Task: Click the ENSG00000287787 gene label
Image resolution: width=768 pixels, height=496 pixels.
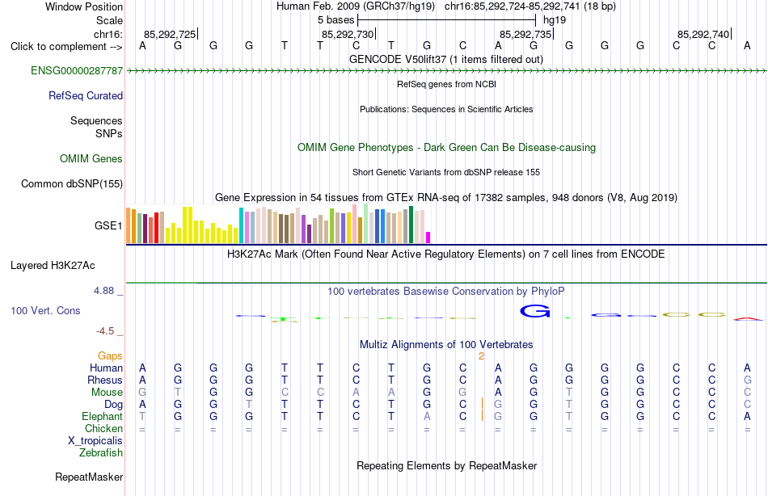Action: click(x=77, y=70)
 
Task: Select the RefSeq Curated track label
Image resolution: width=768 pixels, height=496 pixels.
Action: click(x=86, y=95)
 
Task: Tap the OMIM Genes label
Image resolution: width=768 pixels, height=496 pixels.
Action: click(x=91, y=158)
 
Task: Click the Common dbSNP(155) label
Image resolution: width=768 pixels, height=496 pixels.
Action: click(x=72, y=183)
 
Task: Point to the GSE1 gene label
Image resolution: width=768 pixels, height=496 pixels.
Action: click(x=108, y=225)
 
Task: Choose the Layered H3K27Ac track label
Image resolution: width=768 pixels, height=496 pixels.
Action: click(x=53, y=266)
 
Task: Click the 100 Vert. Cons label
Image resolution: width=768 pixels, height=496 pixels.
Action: click(x=45, y=310)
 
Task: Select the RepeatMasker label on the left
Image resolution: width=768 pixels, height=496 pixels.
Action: click(x=89, y=477)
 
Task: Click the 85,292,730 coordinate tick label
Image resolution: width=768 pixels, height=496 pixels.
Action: click(x=348, y=34)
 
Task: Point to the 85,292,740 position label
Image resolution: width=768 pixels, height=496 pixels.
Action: click(x=703, y=34)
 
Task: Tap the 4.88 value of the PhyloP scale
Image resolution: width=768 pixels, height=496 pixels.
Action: click(x=103, y=291)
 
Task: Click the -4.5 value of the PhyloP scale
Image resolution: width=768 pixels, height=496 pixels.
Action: click(x=105, y=331)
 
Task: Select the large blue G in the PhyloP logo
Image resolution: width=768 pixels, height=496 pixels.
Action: click(x=535, y=311)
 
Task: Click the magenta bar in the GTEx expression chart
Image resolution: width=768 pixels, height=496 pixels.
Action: click(x=428, y=237)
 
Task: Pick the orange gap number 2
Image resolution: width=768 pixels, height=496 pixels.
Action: click(x=482, y=356)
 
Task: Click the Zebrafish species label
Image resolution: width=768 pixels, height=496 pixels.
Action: click(x=101, y=453)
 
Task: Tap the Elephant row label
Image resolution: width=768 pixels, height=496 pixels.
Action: click(x=103, y=417)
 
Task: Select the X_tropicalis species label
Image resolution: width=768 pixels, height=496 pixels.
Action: click(x=95, y=441)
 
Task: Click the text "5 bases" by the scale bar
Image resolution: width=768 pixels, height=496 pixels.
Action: click(x=336, y=20)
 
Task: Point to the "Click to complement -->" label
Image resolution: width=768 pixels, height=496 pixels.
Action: click(x=66, y=47)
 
